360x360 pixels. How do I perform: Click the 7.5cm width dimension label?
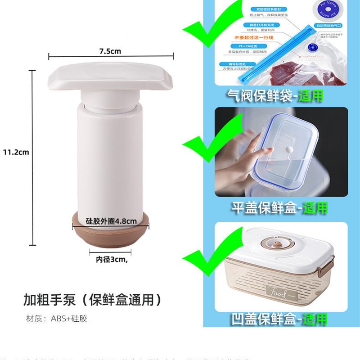111,51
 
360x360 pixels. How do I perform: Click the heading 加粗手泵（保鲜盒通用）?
92,299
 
